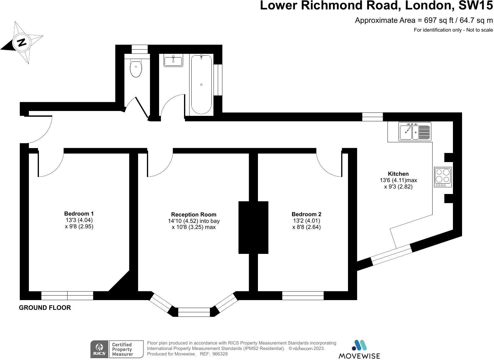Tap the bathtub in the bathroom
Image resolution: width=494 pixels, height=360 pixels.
point(201,85)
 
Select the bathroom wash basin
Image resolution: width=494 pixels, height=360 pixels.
point(173,61)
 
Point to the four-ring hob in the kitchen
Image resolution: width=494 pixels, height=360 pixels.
point(443,177)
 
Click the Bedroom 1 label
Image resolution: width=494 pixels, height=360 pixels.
point(79,213)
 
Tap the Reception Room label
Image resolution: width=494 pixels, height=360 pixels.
point(194,214)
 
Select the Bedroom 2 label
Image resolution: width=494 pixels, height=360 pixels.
point(306,214)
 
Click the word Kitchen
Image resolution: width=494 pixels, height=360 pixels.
point(398,174)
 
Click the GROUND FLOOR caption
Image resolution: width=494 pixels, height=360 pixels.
point(45,308)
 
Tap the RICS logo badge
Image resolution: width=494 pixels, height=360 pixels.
point(99,349)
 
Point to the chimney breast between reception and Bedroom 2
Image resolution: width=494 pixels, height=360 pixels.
point(253,227)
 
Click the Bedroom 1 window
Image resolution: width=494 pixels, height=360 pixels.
point(67,296)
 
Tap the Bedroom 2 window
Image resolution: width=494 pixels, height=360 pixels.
point(303,296)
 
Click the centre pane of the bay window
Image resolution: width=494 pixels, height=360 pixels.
point(194,312)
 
